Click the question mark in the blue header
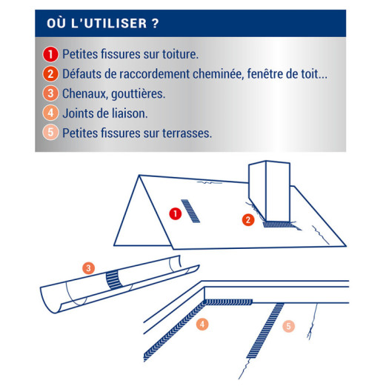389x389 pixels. pos(155,23)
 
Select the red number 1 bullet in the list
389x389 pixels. pos(50,54)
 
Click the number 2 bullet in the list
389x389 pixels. pos(50,74)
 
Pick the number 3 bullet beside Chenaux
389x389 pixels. pos(50,93)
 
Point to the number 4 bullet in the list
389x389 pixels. pos(50,113)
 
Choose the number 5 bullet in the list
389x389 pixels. pos(50,133)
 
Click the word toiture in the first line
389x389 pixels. pos(180,54)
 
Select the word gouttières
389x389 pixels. pos(138,94)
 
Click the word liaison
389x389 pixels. pos(130,113)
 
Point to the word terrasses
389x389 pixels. pos(187,133)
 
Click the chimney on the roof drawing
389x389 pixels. pos(270,191)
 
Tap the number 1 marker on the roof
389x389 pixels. pos(176,213)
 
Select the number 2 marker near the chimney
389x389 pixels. pos(248,220)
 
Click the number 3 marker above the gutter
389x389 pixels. pos(89,268)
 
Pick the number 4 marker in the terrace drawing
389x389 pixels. pos(202,325)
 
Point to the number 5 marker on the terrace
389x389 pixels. pos(288,326)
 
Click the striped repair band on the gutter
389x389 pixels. pos(114,280)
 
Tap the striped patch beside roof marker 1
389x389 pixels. pos(190,211)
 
